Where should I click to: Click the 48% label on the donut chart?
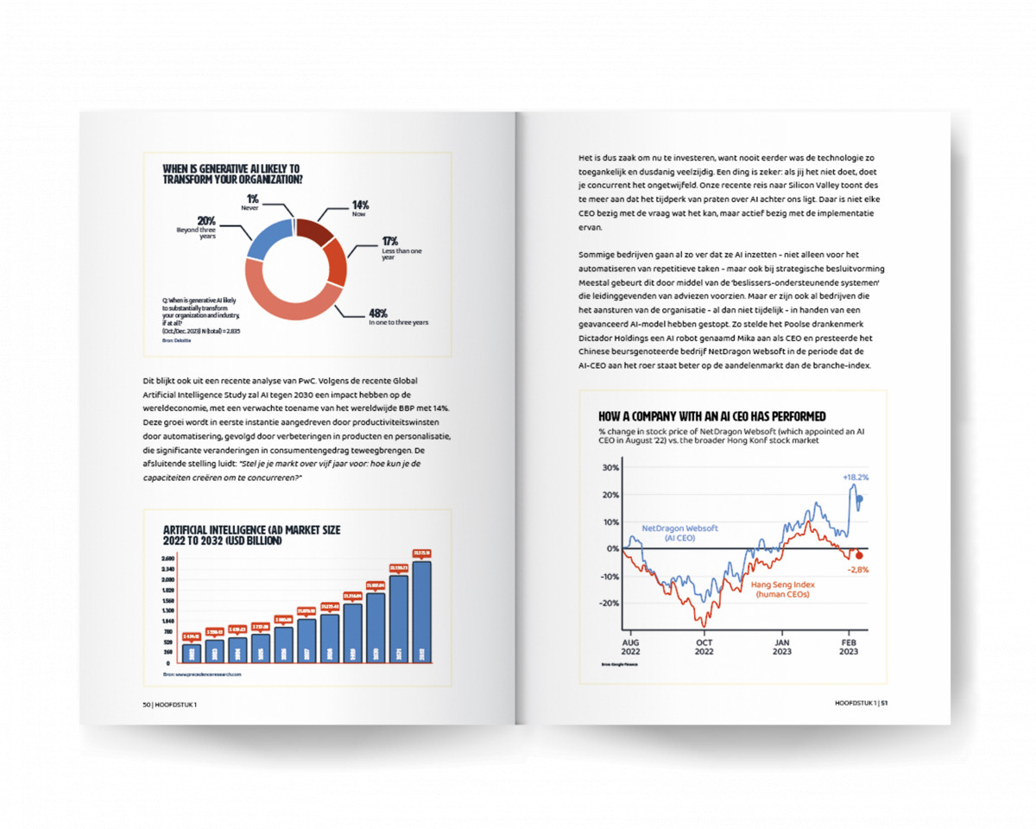(x=377, y=313)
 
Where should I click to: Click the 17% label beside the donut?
(x=391, y=241)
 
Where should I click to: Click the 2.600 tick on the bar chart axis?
(x=167, y=559)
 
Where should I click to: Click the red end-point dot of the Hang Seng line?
(x=859, y=555)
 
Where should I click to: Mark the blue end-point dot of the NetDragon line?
(x=860, y=498)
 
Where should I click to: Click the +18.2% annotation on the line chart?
(x=856, y=477)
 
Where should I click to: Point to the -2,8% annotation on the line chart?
(x=857, y=570)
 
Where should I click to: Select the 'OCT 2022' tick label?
(x=704, y=648)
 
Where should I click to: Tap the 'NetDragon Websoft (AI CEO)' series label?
(x=680, y=532)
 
